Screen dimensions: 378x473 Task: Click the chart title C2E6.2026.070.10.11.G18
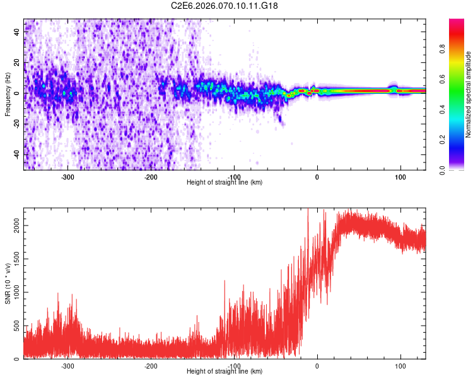point(225,6)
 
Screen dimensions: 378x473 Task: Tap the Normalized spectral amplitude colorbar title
point(469,94)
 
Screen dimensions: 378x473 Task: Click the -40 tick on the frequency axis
point(15,154)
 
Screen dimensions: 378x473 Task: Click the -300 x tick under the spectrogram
point(68,177)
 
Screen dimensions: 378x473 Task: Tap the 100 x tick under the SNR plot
point(400,366)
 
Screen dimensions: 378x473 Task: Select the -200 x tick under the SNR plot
point(151,366)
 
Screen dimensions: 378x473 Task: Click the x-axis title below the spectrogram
point(225,183)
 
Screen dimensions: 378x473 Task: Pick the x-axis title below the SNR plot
point(225,372)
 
